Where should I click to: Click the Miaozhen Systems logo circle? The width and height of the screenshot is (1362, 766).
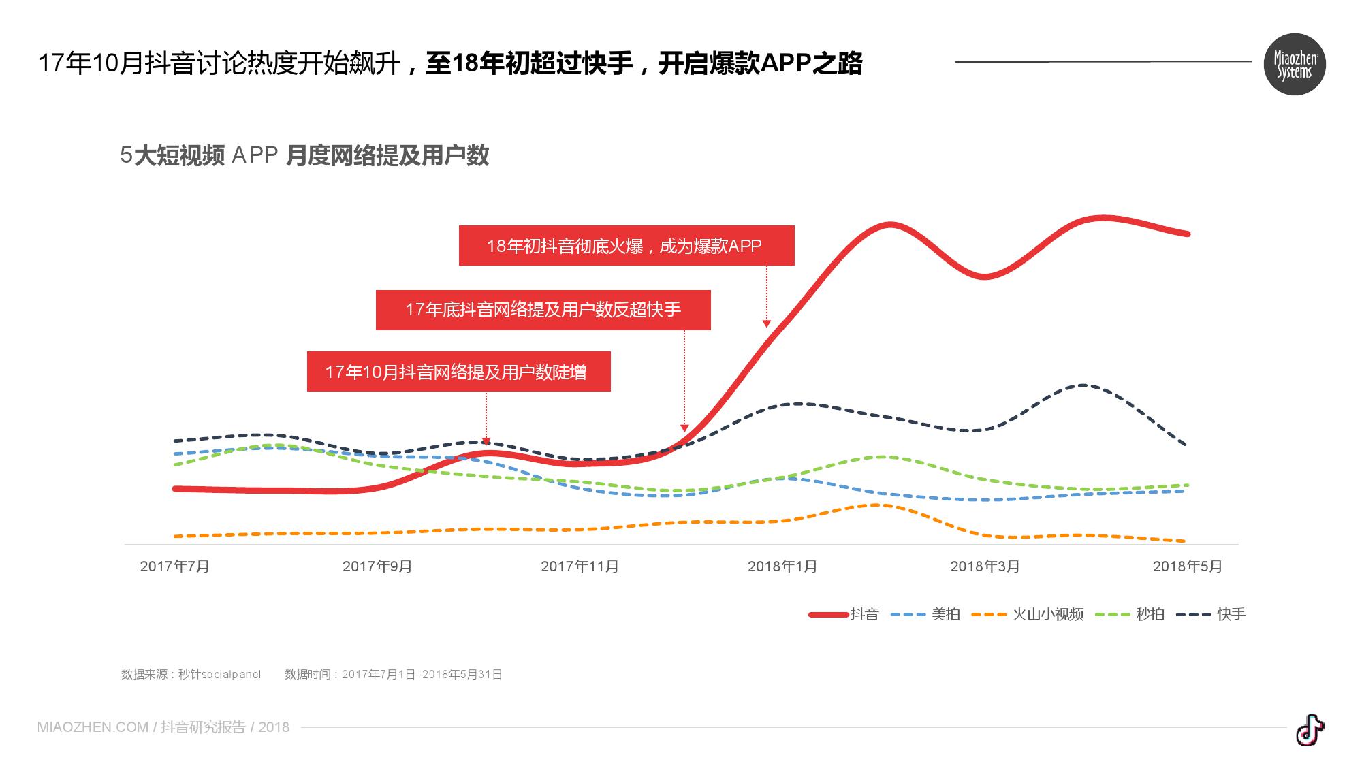1294,64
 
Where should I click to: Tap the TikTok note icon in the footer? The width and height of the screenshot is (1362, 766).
1310,730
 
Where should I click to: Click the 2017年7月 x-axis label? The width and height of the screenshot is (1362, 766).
175,566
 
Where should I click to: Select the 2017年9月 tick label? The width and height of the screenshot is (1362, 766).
377,566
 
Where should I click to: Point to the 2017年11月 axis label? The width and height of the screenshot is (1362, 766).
580,566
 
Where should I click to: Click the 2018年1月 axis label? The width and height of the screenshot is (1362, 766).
782,566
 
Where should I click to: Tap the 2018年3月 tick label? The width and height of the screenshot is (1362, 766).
985,566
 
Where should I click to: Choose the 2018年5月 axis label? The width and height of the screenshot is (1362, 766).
1187,566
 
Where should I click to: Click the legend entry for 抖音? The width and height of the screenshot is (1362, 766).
844,614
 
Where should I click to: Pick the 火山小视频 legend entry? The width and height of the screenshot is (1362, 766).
1028,614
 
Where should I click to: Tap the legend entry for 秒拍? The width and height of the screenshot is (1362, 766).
1131,614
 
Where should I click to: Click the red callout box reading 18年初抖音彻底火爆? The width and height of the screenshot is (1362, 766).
627,246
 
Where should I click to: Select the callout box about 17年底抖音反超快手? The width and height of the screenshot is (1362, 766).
543,310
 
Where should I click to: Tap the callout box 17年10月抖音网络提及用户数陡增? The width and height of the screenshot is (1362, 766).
458,372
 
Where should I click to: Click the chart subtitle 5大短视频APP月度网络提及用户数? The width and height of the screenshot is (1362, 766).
304,156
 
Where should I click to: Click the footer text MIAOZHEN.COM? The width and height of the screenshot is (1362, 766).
93,727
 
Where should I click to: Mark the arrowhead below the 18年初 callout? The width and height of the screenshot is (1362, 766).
767,324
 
